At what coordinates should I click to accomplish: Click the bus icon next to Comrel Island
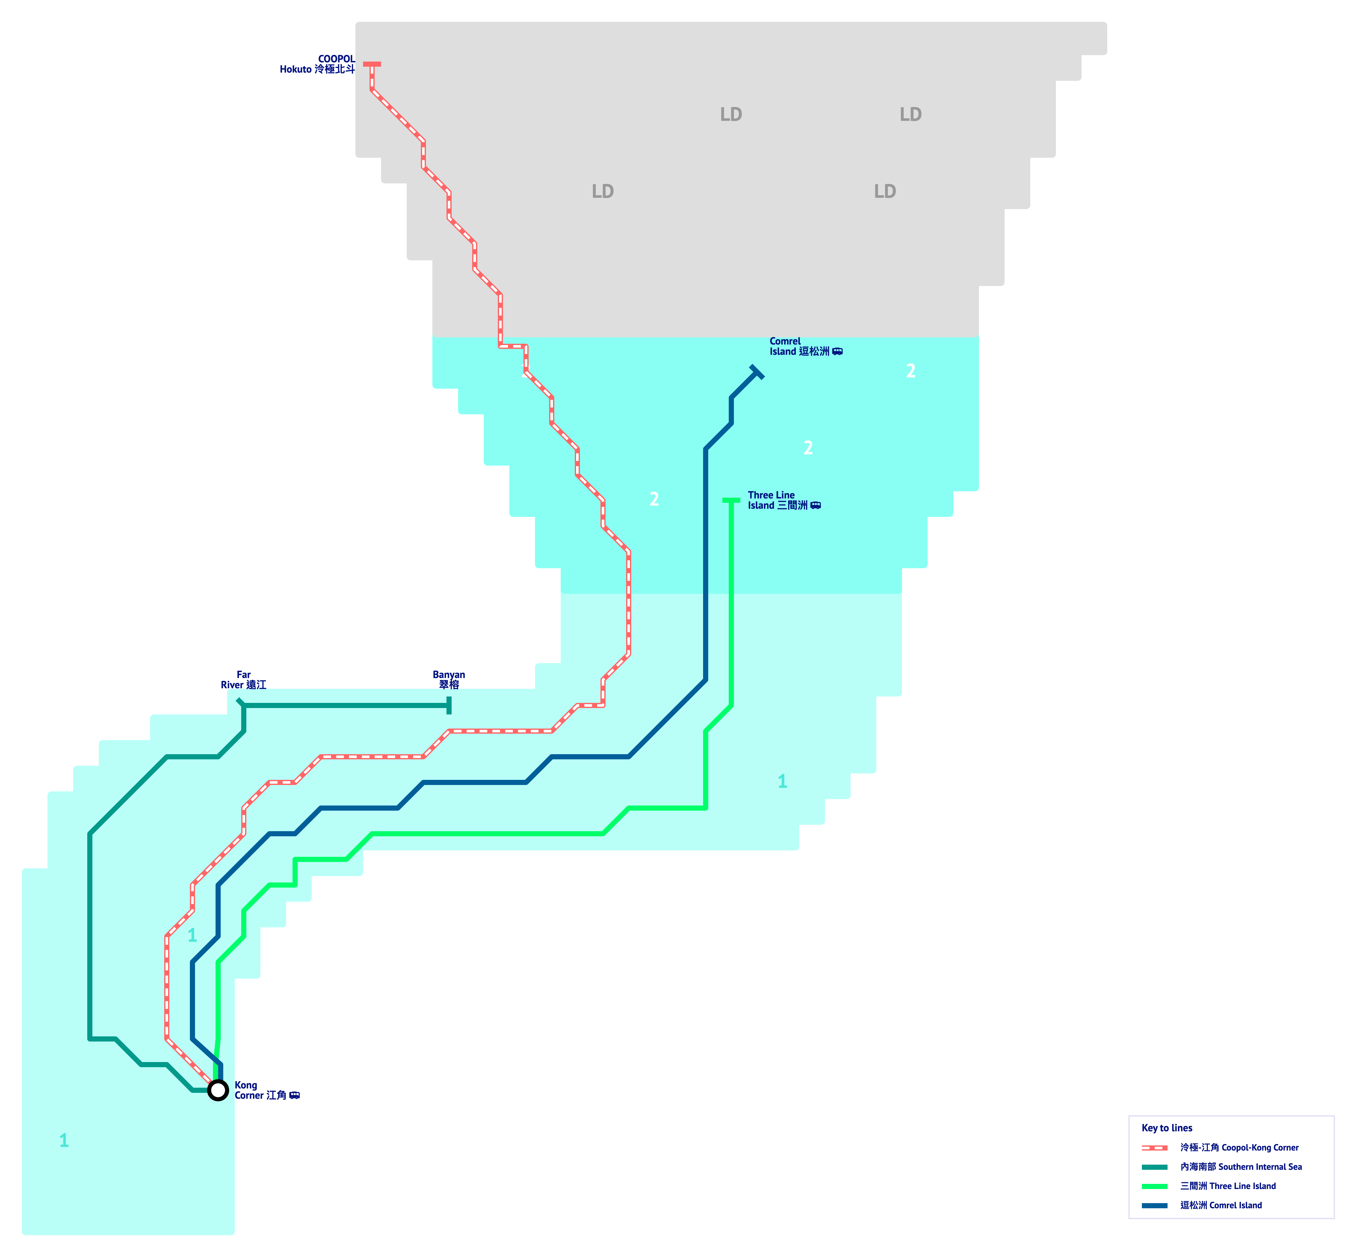(838, 352)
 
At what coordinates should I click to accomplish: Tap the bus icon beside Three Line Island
(816, 505)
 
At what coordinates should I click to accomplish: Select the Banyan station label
(449, 680)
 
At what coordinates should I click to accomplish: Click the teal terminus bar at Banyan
(449, 705)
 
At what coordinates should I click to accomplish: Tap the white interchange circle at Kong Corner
(218, 1090)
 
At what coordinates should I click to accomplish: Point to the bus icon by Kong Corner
(295, 1095)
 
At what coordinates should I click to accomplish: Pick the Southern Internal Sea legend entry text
(1241, 1166)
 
